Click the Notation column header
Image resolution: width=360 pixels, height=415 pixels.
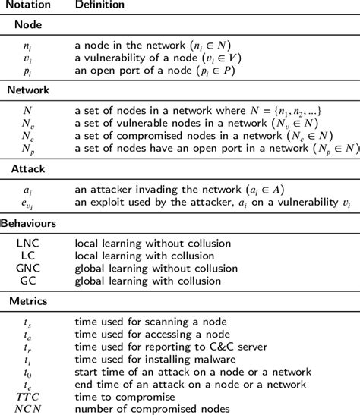[x=29, y=6]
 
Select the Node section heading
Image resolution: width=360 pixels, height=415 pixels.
[x=29, y=25]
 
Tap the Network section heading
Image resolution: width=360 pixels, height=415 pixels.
[x=28, y=90]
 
